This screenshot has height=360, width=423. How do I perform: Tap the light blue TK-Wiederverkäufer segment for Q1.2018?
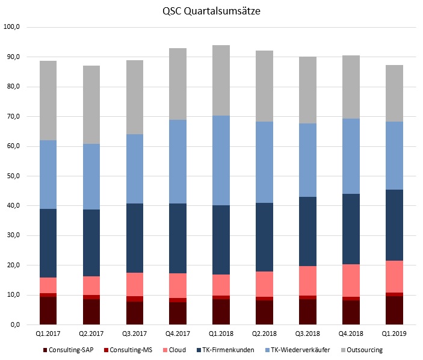212,160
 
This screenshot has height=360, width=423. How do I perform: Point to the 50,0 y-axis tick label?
13,176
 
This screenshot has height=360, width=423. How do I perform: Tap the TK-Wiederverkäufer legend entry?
300,350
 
